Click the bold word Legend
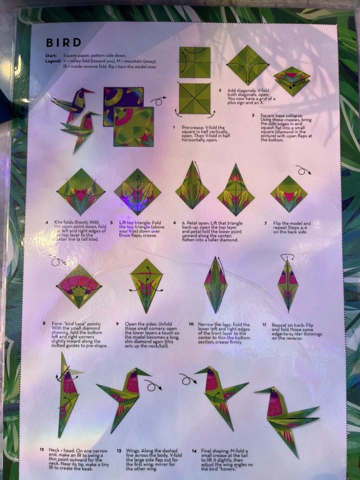click(x=53, y=61)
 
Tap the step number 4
click(x=46, y=223)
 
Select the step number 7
click(x=265, y=223)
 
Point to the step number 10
click(x=191, y=324)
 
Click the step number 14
click(x=194, y=451)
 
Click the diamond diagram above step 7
click(x=289, y=193)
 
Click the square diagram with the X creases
click(x=194, y=98)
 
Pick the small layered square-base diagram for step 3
click(x=292, y=81)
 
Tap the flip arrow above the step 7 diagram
click(x=303, y=171)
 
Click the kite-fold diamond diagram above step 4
click(x=81, y=192)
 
